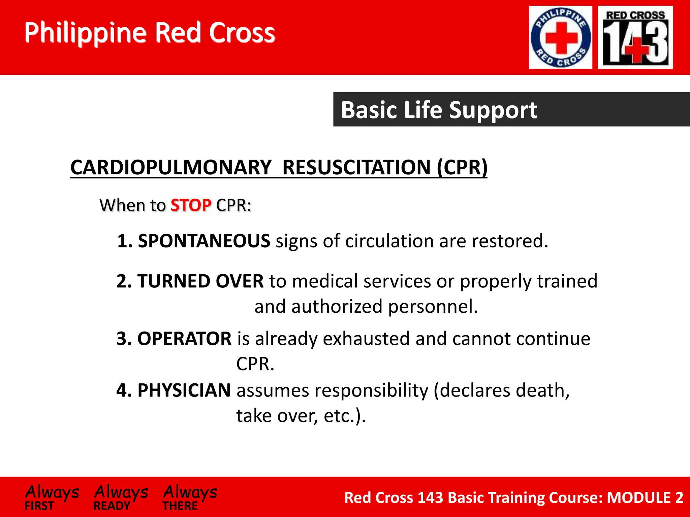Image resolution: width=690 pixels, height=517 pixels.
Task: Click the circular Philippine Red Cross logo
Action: click(560, 37)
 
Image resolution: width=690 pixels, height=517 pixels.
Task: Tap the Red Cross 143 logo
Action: click(635, 37)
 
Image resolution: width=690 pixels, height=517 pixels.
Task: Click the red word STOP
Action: click(191, 205)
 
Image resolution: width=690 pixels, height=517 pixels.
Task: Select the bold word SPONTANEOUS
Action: click(204, 241)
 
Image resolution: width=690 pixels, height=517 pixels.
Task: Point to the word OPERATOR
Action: click(184, 339)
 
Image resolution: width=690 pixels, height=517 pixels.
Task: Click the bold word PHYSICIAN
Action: click(184, 390)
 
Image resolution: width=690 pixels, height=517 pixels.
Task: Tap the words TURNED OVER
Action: click(200, 281)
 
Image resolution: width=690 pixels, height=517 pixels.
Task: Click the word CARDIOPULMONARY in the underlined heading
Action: click(171, 167)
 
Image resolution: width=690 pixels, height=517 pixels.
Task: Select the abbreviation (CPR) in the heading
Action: click(462, 167)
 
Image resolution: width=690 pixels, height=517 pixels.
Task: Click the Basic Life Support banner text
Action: click(439, 110)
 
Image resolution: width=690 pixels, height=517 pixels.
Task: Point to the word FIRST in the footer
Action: click(39, 506)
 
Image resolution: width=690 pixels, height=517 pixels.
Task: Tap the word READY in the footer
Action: click(112, 506)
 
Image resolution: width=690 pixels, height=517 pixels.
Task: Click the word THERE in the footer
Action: click(180, 506)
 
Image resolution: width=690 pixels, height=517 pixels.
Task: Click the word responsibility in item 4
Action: click(372, 390)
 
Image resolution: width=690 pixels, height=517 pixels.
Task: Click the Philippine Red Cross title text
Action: click(150, 33)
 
